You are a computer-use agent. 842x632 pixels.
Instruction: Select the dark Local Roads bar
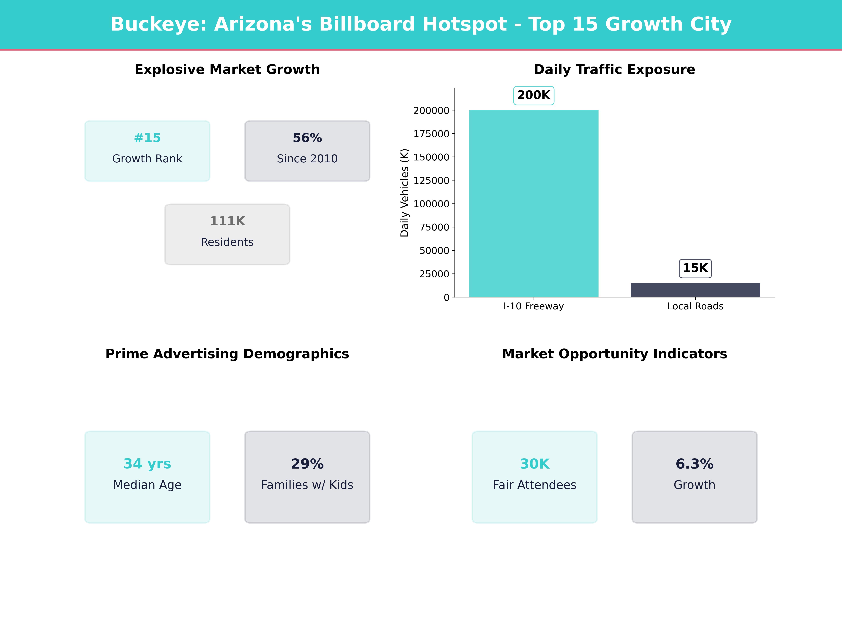[695, 290]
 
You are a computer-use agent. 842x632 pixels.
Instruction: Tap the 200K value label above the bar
[534, 95]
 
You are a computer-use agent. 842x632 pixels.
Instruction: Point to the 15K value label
[695, 268]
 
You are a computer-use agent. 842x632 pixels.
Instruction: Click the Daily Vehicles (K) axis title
[404, 193]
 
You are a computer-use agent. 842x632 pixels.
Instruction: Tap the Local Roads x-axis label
[695, 306]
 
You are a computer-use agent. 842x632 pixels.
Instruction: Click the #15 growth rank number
[147, 138]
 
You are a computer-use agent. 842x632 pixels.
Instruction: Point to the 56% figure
[307, 138]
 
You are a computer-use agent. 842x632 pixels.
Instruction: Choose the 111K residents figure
[227, 221]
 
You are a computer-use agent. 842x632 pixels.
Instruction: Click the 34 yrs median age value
[147, 464]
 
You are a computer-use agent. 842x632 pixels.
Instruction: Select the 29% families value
[307, 464]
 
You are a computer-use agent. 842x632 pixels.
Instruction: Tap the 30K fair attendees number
[534, 464]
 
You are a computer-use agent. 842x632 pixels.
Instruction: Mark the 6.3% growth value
[694, 464]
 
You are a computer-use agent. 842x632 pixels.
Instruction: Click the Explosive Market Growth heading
[227, 70]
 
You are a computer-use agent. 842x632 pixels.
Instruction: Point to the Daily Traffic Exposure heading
[614, 70]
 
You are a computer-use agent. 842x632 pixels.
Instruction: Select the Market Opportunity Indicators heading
[614, 354]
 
